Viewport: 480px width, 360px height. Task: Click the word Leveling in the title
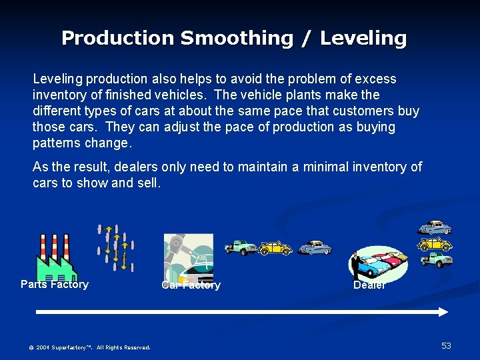(x=363, y=38)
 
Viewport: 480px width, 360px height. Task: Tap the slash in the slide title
(x=306, y=38)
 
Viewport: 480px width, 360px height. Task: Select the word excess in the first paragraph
(x=375, y=79)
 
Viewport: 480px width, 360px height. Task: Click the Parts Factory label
(x=55, y=285)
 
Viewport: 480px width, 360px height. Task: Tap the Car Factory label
(x=191, y=285)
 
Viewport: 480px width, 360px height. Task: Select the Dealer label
(x=369, y=285)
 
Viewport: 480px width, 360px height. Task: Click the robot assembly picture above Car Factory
(x=189, y=257)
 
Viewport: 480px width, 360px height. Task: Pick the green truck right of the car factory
(x=241, y=247)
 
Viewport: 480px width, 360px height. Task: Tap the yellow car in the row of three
(x=275, y=248)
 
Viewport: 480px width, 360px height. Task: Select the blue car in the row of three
(x=315, y=248)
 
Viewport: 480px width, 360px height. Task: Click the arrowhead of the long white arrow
(x=443, y=311)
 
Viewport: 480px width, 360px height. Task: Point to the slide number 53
(x=446, y=345)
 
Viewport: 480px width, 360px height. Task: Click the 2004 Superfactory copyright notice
(x=89, y=347)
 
